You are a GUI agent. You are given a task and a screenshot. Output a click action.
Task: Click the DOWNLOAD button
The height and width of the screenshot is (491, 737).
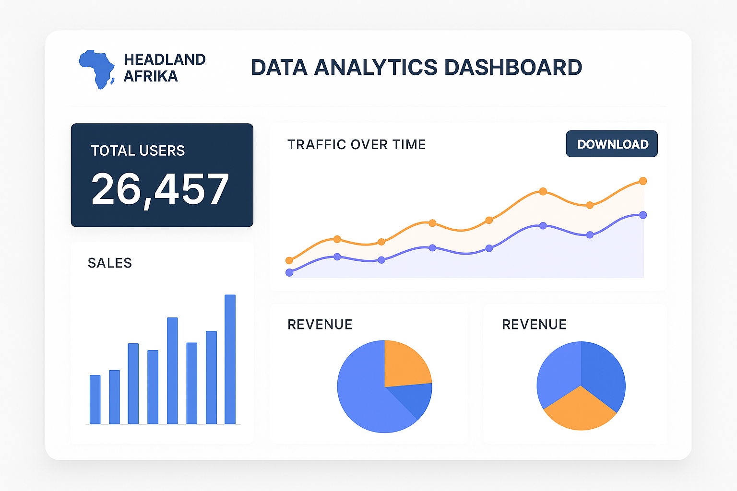[612, 144]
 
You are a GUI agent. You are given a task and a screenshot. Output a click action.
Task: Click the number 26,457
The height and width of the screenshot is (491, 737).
[160, 189]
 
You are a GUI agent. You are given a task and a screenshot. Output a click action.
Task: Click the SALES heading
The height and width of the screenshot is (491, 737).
[110, 263]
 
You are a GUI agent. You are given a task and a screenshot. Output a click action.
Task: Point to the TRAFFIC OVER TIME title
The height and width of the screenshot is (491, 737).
[357, 144]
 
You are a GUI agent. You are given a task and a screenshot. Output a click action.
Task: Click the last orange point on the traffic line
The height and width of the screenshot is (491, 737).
[643, 181]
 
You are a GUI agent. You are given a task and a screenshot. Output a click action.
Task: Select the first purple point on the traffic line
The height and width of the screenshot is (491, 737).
[289, 272]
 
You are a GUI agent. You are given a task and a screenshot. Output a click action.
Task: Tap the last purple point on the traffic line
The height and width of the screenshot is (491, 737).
[643, 215]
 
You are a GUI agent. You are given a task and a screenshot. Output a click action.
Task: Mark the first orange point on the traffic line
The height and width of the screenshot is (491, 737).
[289, 260]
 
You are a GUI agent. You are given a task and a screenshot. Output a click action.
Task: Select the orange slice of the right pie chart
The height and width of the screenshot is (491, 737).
[581, 410]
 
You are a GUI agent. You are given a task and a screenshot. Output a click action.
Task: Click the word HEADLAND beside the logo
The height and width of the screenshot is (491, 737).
[165, 59]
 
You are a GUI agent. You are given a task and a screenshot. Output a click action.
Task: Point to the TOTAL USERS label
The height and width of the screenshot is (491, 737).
[138, 151]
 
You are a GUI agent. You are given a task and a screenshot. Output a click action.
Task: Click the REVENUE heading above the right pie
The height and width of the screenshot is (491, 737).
[534, 325]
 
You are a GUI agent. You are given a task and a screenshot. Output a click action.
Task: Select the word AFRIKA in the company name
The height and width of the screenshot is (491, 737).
[151, 76]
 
